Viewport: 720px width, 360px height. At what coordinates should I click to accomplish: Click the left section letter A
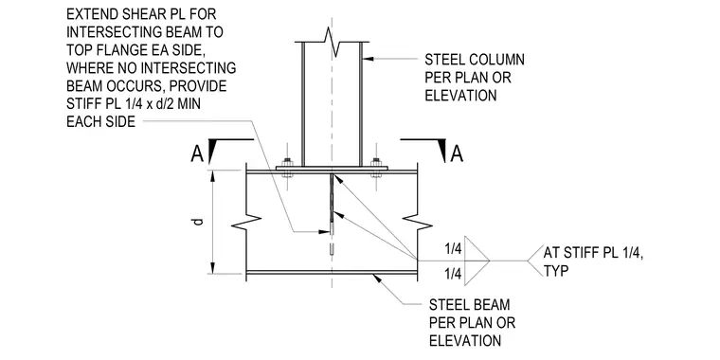(x=197, y=154)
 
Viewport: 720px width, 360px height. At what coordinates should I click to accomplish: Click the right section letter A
(x=457, y=153)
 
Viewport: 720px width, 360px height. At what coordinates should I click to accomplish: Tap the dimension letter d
(x=198, y=222)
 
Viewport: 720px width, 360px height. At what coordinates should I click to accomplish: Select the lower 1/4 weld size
(x=453, y=274)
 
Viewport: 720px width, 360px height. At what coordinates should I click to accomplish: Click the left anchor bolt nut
(x=288, y=162)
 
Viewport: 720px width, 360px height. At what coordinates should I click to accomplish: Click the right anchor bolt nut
(x=376, y=162)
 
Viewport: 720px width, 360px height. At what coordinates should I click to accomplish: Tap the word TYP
(x=556, y=271)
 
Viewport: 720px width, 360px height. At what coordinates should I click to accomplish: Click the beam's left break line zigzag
(x=246, y=223)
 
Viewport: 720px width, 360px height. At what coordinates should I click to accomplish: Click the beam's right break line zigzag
(x=417, y=223)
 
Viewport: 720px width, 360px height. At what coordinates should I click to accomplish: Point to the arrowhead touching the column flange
(x=366, y=59)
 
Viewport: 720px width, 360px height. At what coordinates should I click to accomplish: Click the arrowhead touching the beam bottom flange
(x=377, y=278)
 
